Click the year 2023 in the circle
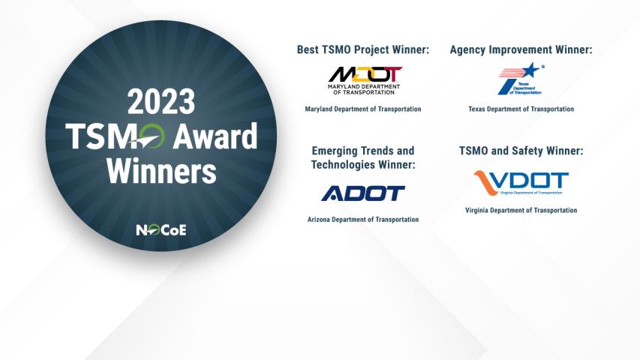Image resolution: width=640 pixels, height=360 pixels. pos(161,102)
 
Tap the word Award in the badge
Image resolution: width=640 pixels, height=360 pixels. pos(215,136)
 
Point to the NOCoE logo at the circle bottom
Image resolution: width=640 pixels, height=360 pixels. pos(161,230)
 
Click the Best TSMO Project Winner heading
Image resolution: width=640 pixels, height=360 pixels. pos(363,49)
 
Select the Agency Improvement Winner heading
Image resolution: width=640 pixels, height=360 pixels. pos(521,49)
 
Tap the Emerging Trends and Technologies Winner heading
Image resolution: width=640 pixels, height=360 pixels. pos(363,157)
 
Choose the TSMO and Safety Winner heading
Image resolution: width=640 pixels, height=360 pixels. pos(521,151)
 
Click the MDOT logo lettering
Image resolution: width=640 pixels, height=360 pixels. pos(365,75)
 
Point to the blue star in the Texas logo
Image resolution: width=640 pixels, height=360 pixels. pos(530,70)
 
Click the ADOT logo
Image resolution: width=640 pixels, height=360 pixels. pos(363,193)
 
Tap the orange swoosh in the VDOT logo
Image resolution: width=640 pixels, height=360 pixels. pos(488,182)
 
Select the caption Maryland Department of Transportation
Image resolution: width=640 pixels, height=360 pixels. pos(363,109)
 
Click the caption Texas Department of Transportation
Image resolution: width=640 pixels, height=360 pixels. pos(521,109)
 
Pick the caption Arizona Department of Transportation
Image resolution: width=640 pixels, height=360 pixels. pos(363,220)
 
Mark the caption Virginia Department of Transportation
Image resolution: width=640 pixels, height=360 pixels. pos(521,210)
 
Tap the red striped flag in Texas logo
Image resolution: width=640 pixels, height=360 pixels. pos(511,73)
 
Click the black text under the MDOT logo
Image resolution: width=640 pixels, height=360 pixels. pos(364,89)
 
